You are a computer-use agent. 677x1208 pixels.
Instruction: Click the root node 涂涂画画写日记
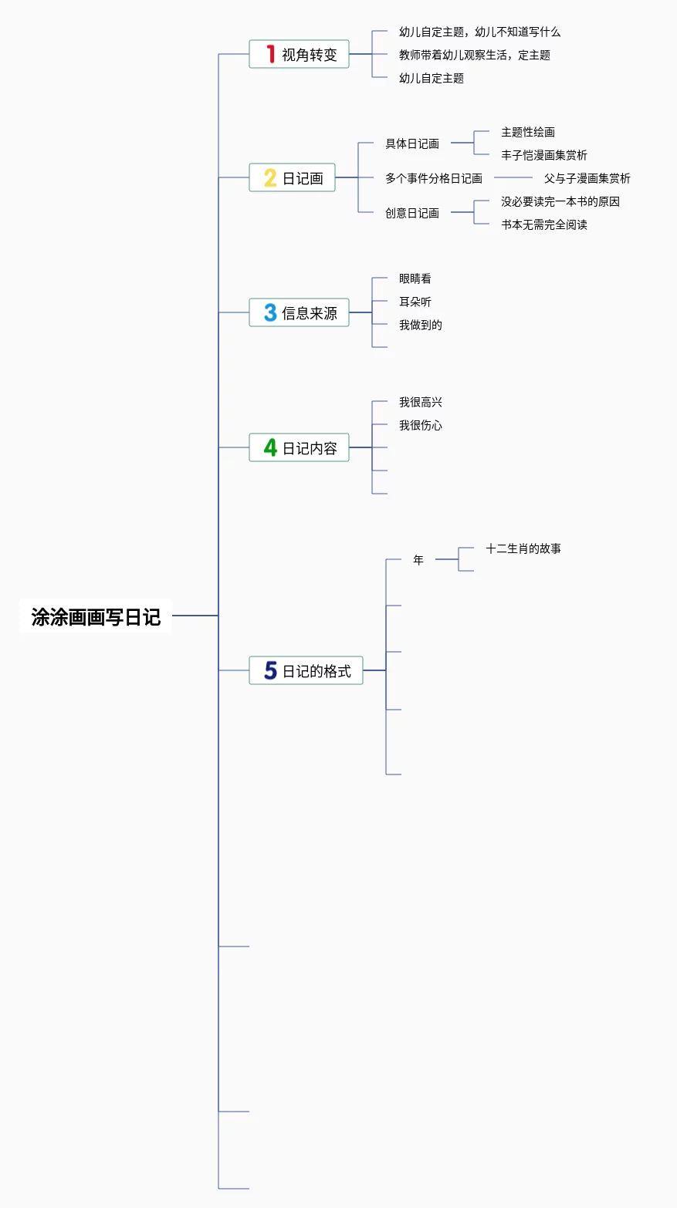coord(96,616)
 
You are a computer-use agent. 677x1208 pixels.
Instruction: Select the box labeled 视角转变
coord(300,54)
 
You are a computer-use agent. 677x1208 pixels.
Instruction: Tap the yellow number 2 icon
coord(270,177)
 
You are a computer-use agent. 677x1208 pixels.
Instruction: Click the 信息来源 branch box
coord(300,312)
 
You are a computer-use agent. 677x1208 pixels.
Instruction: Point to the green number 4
coord(270,447)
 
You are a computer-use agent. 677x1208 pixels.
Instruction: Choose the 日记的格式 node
coord(306,670)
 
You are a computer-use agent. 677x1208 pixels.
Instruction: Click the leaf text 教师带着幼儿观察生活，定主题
coord(474,55)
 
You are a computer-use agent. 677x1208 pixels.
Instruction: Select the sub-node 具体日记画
coord(412,143)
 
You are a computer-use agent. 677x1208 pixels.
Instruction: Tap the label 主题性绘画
coord(528,132)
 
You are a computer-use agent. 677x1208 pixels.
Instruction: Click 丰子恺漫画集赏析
coord(544,155)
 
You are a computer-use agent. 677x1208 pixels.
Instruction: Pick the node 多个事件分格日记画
coord(434,178)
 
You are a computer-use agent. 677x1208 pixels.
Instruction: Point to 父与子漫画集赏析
coord(587,178)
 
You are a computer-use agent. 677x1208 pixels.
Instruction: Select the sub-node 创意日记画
coord(412,213)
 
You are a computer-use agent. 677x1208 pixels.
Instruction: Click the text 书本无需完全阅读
coord(544,224)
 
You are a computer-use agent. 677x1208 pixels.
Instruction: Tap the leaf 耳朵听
coord(415,302)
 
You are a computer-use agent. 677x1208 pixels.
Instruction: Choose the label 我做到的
coord(421,325)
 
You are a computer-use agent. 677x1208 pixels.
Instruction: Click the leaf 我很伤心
coord(421,425)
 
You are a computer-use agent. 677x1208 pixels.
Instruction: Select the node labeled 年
coord(418,560)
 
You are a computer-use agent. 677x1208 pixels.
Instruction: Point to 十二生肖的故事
coord(523,548)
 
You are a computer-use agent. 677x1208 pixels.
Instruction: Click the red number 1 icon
coord(270,53)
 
